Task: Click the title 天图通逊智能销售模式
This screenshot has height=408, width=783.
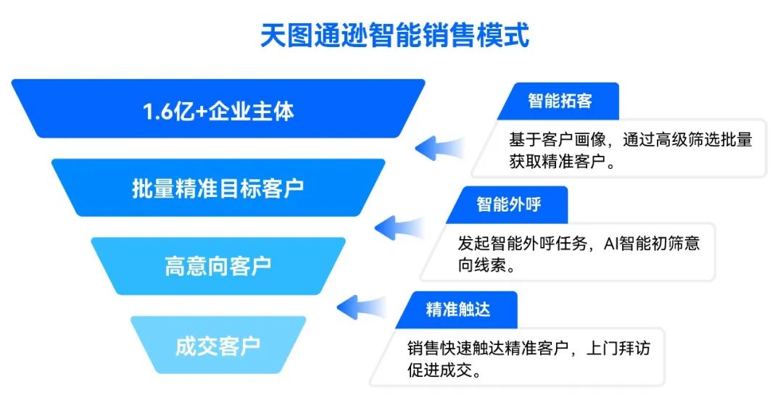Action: [394, 36]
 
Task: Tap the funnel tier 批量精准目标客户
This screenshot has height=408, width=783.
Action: [217, 188]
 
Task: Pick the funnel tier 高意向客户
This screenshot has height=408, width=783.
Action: [217, 266]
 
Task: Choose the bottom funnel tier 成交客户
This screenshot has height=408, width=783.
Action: [217, 346]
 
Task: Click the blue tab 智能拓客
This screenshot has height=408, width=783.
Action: [559, 100]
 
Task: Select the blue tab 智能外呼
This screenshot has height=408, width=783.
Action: [508, 204]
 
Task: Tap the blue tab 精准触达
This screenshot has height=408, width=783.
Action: [457, 309]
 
